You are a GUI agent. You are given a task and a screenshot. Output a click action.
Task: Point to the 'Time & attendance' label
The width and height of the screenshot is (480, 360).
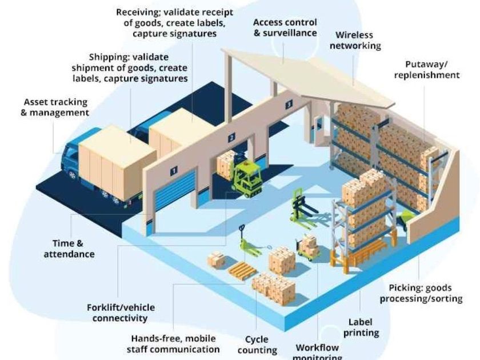tap(69, 248)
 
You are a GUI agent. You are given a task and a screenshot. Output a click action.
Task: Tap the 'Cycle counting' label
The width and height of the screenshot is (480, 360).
tap(257, 345)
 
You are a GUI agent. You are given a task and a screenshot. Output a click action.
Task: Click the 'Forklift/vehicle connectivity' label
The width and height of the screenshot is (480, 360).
tap(121, 313)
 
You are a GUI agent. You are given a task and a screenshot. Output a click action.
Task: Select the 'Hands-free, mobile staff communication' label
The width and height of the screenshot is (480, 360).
tap(175, 343)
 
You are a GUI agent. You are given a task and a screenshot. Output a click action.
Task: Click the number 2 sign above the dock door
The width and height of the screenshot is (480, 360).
tap(231, 138)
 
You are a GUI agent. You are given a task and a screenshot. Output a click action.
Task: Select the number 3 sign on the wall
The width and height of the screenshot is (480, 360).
tap(289, 104)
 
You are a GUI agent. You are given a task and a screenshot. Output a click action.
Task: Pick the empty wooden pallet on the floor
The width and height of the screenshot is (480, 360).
tap(241, 270)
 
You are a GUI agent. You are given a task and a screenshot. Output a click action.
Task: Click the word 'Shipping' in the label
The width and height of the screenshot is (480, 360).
tap(107, 57)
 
